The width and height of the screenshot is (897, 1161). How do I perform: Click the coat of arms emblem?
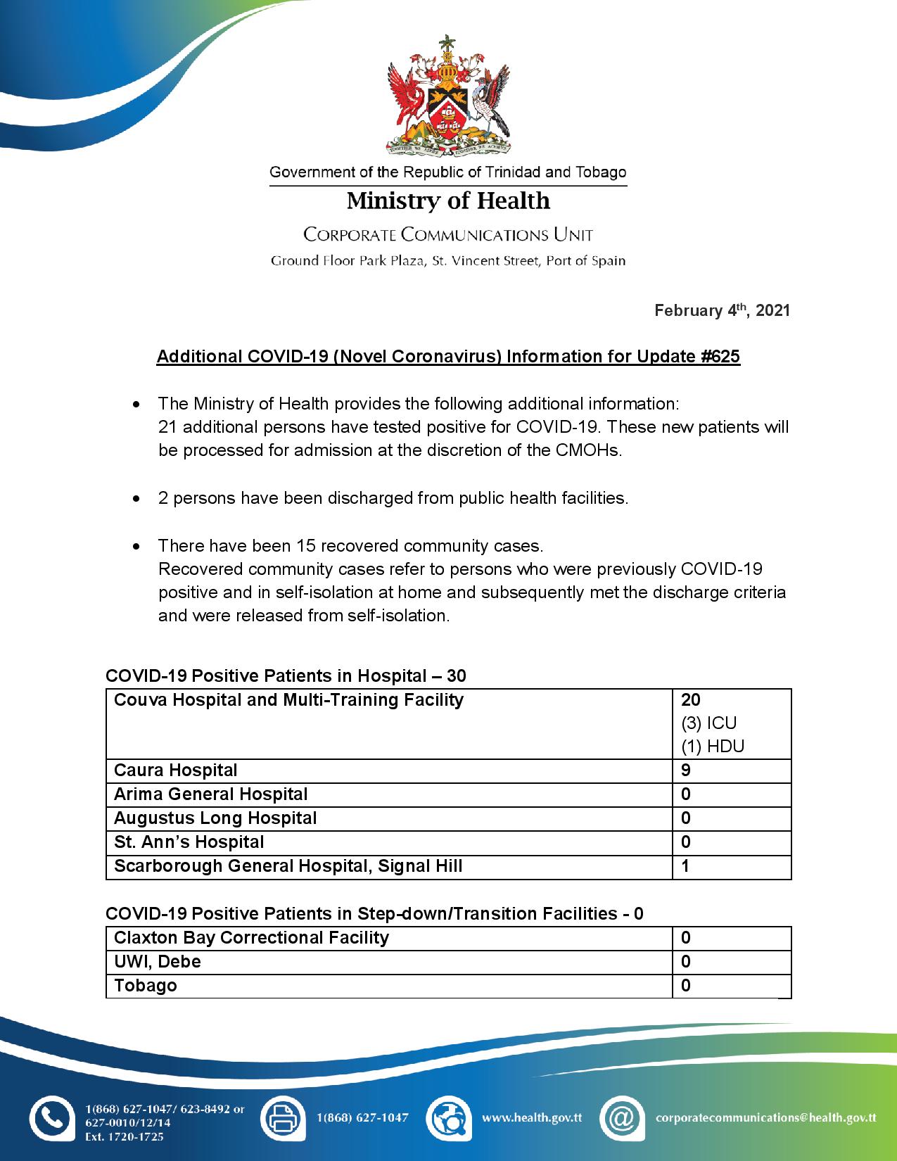(x=448, y=96)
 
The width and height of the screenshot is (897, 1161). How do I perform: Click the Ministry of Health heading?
(x=448, y=201)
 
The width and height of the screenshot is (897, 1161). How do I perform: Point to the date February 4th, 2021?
(x=722, y=310)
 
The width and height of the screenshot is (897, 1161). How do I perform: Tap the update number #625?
(x=720, y=357)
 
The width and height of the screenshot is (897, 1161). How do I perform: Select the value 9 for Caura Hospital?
(x=686, y=770)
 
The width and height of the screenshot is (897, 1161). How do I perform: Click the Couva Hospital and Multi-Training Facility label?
(x=288, y=700)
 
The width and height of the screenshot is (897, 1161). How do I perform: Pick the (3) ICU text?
(x=708, y=723)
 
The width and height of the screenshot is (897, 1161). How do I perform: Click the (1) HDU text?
(x=712, y=747)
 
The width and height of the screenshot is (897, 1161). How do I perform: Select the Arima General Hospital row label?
(x=211, y=794)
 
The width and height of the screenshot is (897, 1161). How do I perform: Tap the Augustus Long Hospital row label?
(x=215, y=818)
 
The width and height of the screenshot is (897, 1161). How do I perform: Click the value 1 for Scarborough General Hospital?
(x=686, y=866)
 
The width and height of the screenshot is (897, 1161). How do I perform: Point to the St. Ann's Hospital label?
(x=189, y=842)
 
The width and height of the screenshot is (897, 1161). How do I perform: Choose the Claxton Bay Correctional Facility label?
(x=251, y=938)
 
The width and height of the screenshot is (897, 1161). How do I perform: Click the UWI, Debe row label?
(x=158, y=962)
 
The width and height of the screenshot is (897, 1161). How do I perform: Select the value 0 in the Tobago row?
(x=686, y=986)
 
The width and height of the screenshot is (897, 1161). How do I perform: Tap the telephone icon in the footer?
(x=51, y=1118)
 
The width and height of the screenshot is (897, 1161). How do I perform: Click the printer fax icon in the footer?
(x=283, y=1118)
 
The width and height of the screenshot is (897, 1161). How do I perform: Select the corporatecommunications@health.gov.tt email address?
(x=765, y=1117)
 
